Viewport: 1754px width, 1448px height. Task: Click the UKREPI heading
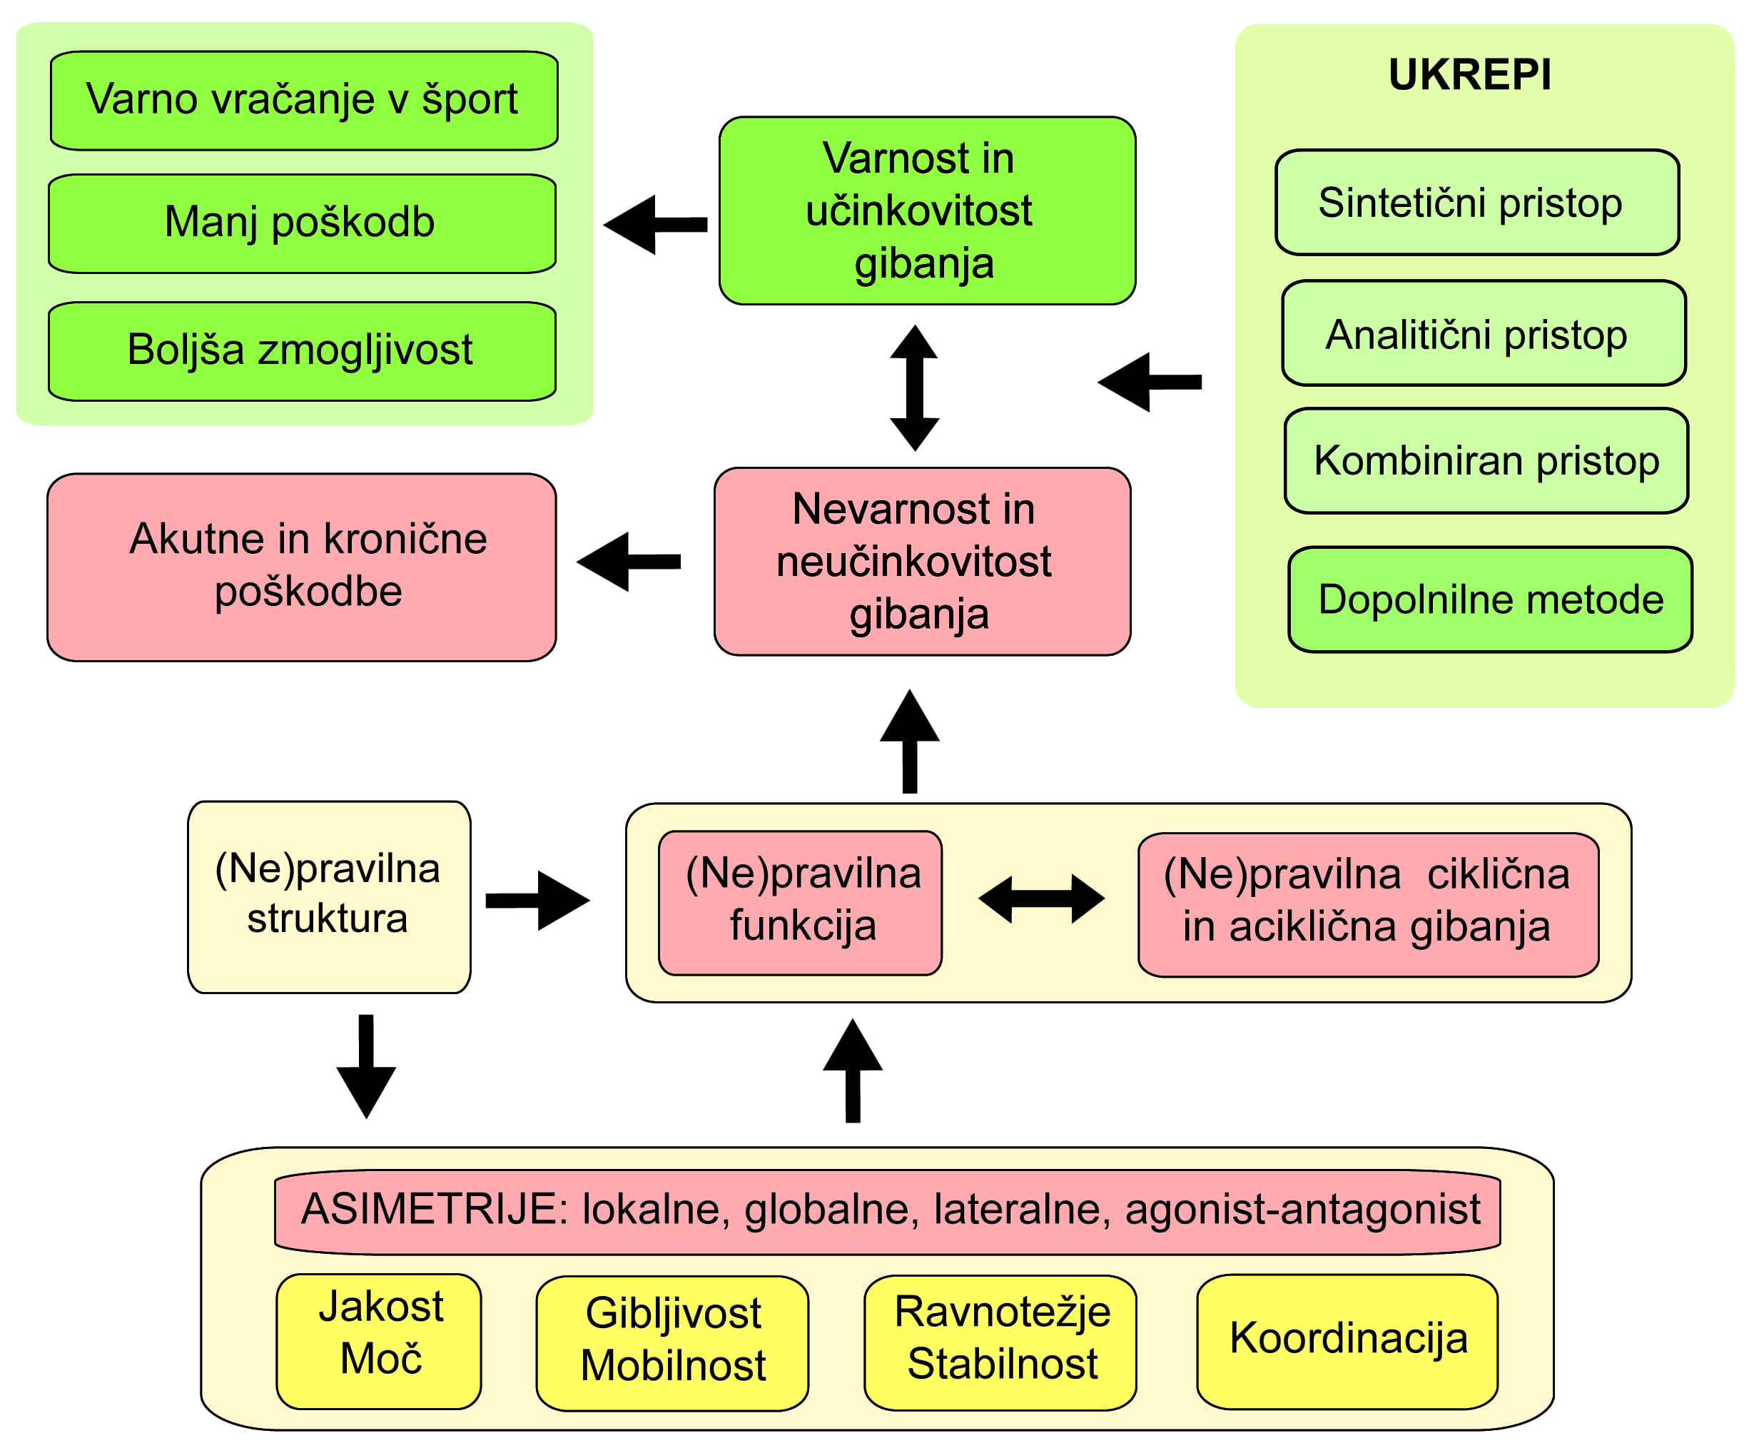point(1469,75)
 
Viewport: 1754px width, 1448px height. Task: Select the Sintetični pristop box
point(1476,203)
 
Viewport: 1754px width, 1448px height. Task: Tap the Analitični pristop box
point(1482,334)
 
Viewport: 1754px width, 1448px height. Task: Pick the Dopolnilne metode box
point(1489,599)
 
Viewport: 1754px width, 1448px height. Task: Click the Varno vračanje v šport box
point(303,101)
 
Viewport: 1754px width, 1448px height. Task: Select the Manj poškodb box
point(302,223)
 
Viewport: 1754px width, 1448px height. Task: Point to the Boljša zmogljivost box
point(302,351)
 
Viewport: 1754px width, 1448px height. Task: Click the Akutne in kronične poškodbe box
point(301,567)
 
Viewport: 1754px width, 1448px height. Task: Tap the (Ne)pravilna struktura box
point(329,896)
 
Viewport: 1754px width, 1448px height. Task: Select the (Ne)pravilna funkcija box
point(799,903)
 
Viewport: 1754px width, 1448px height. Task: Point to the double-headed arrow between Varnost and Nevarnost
point(914,388)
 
